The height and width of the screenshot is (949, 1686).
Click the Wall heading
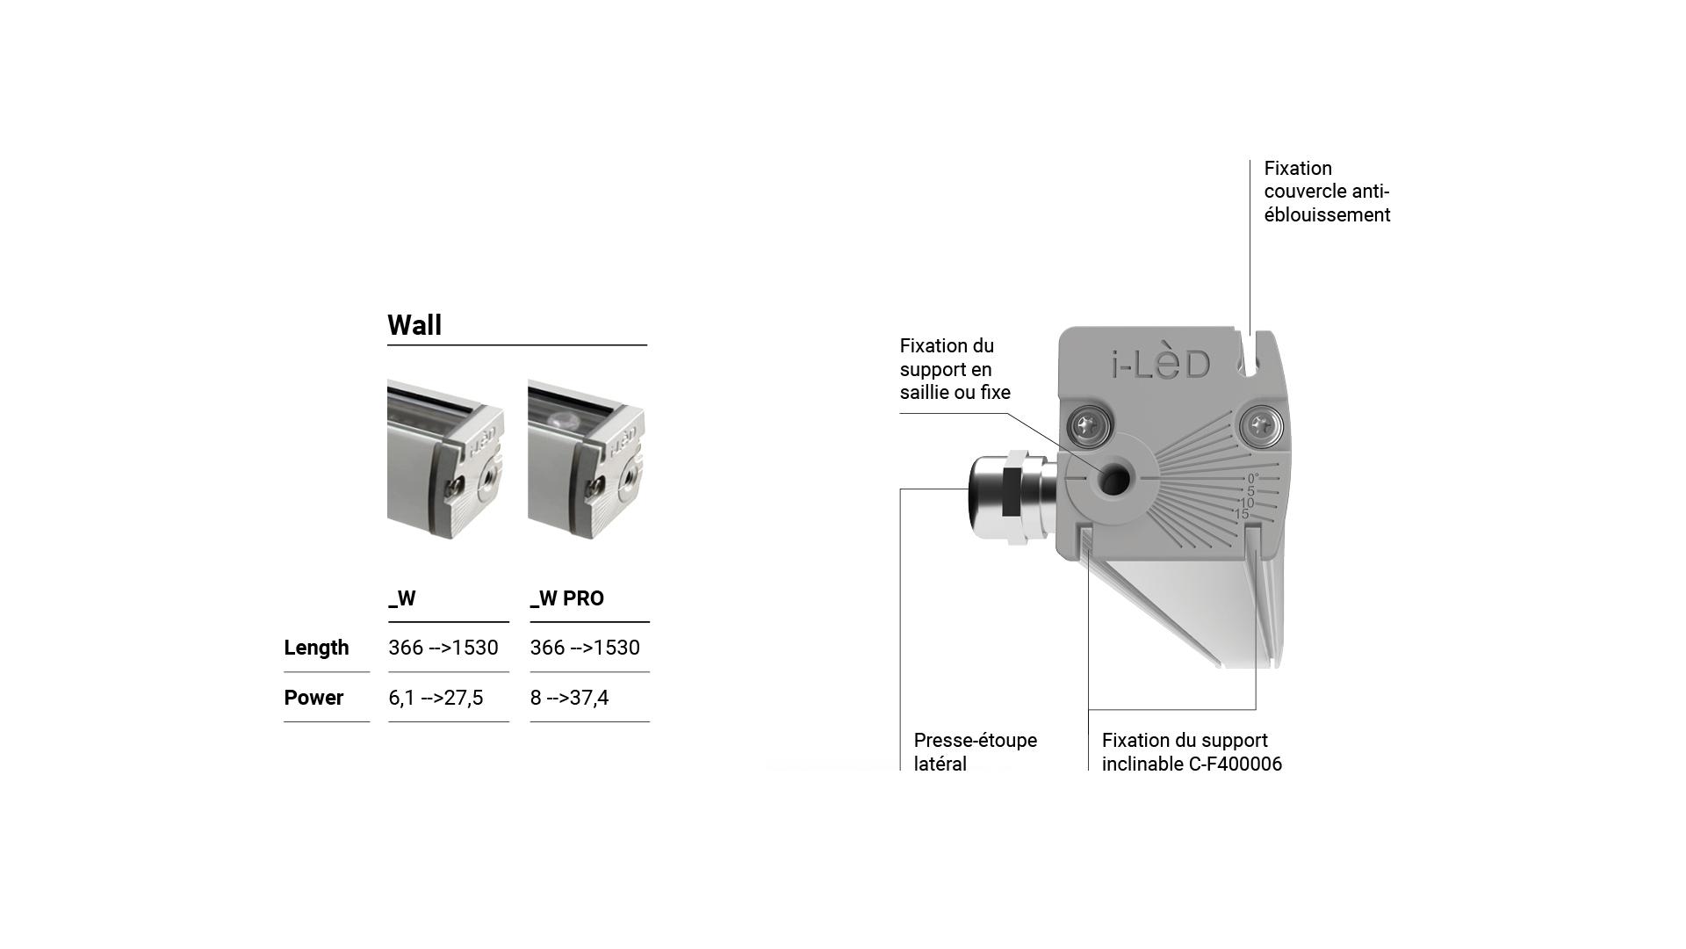[414, 325]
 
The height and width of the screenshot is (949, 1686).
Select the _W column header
[402, 598]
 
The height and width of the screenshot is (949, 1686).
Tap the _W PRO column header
[567, 598]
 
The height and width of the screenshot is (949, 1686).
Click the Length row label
[316, 648]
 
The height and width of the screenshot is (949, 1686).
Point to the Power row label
[313, 698]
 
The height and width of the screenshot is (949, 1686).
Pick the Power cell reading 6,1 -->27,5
[436, 698]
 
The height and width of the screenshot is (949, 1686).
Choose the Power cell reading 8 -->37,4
[569, 698]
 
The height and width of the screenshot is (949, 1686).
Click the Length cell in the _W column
[443, 648]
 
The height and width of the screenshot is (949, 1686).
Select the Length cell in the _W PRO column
[585, 648]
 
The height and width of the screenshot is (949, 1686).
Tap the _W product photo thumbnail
[446, 459]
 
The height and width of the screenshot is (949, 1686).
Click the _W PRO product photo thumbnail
[587, 459]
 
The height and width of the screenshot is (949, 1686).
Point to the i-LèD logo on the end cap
[1161, 364]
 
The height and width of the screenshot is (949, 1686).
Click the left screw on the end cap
[1089, 428]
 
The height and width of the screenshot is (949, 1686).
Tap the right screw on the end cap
[1262, 428]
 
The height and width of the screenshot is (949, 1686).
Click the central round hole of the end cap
[1114, 480]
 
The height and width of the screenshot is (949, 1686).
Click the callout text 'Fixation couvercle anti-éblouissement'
[1327, 192]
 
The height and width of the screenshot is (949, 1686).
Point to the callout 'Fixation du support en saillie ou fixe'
[955, 369]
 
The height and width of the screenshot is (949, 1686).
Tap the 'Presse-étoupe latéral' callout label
[975, 752]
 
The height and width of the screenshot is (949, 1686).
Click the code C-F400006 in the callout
[1235, 764]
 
